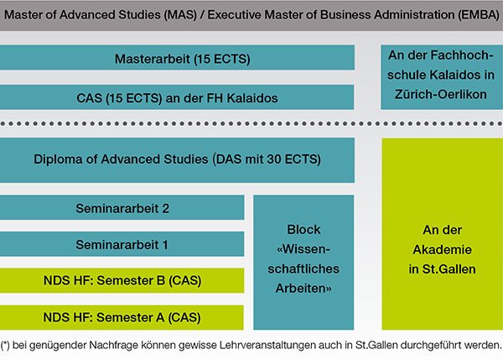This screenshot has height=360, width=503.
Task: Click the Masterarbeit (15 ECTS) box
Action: pos(177,58)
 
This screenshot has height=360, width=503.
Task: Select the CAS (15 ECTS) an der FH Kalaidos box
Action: pos(177,97)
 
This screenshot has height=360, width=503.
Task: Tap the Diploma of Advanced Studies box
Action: pos(177,160)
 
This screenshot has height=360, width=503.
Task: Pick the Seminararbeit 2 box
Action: pos(122,207)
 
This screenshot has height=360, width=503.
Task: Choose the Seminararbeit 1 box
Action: pos(122,244)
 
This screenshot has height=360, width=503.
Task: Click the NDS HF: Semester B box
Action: pos(122,280)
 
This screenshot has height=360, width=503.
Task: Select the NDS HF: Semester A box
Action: pos(122,317)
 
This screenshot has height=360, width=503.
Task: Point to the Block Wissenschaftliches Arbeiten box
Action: pos(303,262)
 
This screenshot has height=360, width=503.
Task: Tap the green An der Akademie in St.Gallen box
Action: pos(443,234)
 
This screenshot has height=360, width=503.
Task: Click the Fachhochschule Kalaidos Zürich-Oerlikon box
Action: pos(442,77)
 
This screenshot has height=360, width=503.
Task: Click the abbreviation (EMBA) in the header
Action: pos(479,15)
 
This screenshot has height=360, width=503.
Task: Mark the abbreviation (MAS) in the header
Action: pos(180,15)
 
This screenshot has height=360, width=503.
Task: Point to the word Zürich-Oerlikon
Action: pos(440,95)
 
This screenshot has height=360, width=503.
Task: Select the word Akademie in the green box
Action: pos(442,249)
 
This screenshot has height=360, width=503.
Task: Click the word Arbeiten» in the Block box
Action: pos(303,289)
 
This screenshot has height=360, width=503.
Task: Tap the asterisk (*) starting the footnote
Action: pos(5,345)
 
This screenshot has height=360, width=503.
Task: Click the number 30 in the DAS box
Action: pos(274,159)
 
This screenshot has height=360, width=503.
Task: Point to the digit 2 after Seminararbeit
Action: pos(165,208)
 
